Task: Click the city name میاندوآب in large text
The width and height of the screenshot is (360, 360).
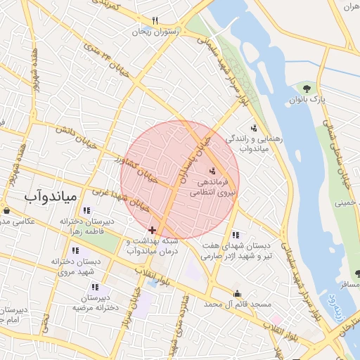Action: point(49,197)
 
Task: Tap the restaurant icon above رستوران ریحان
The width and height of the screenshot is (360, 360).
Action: point(155,20)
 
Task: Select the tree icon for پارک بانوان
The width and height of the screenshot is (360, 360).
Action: point(307,88)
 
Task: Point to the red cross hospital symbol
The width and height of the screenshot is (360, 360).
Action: point(152,229)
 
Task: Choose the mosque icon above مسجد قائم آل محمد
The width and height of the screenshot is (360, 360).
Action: point(237,293)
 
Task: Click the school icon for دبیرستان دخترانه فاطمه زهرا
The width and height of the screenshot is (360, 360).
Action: point(86,210)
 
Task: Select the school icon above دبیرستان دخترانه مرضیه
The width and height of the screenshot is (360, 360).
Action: point(94,287)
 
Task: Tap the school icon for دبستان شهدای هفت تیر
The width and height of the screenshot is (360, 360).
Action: point(235,234)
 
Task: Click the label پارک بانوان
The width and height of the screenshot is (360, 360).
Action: point(308,100)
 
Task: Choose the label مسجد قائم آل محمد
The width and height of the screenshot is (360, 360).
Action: point(238,304)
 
